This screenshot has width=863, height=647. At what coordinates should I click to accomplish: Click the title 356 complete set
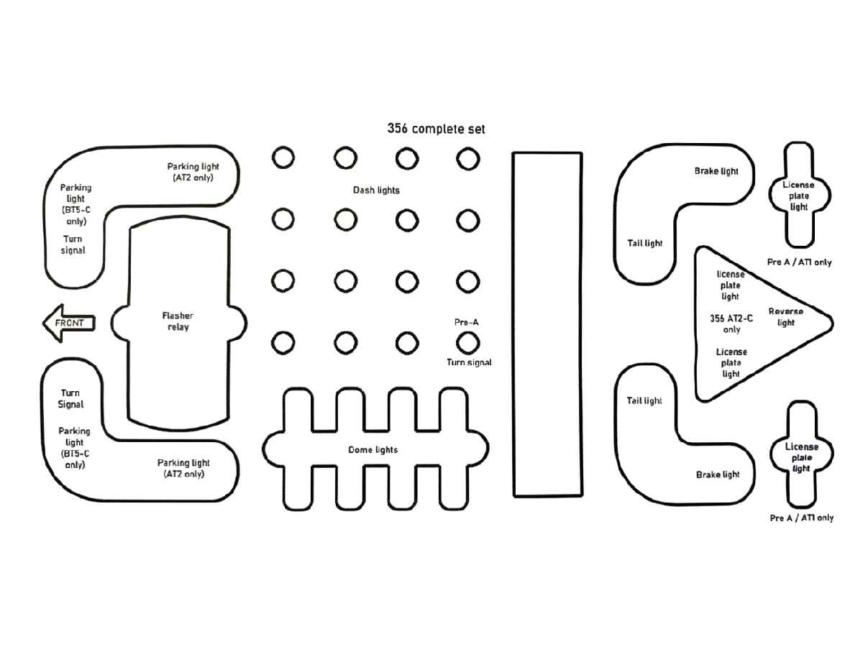coord(436,129)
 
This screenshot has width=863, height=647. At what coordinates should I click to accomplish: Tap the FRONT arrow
coord(69,323)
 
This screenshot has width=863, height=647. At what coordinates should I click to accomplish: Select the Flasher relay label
coord(177,321)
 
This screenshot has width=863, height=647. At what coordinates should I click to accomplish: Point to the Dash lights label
coord(376,191)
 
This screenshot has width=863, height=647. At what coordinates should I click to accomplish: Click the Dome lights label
coord(373,450)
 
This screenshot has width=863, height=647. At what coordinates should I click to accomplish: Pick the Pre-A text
coord(466,323)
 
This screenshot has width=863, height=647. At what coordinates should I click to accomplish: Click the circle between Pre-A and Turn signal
coord(468,343)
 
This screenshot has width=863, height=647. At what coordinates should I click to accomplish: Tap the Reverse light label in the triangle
coord(785,317)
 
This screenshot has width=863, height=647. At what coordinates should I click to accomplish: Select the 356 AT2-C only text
coord(731,323)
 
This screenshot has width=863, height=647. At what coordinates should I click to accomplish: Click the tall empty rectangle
coord(547,323)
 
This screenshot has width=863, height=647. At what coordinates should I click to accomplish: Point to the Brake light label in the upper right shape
coord(716,172)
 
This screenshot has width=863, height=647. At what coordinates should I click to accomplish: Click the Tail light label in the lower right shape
coord(644,400)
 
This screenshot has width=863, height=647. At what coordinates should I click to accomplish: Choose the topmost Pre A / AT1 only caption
coord(799,262)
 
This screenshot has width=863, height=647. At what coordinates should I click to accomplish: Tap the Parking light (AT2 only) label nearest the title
coord(193,172)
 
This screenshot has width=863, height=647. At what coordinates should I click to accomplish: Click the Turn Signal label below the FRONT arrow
coord(70,399)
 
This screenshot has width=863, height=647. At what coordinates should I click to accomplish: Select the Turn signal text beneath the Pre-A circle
coord(469,363)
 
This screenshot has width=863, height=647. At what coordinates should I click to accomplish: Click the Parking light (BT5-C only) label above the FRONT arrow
coord(76,204)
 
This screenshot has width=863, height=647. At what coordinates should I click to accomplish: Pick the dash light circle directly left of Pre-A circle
coord(406,343)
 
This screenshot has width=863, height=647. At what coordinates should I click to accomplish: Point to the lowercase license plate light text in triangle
coord(731,285)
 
